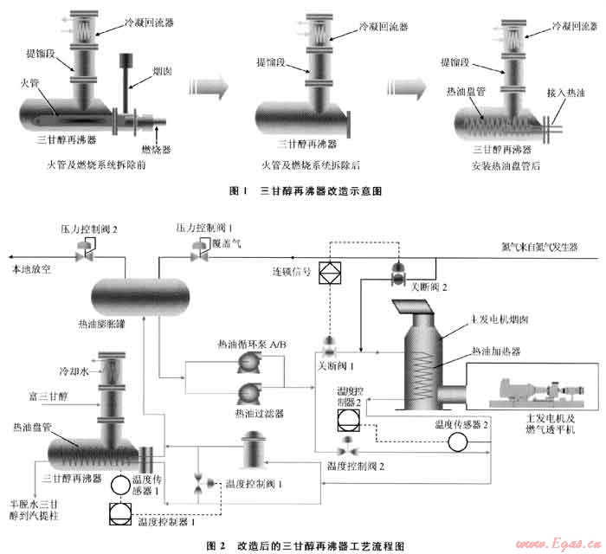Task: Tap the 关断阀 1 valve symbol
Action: (330, 343)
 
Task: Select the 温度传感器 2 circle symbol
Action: (456, 441)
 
